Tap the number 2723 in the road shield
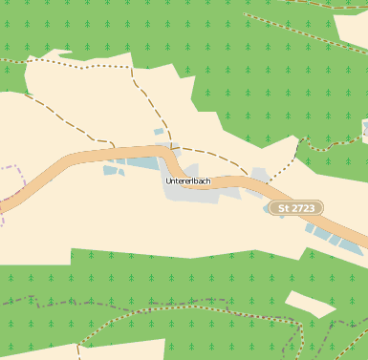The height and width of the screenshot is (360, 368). point(303,207)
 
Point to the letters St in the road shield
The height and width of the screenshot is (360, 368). point(282,207)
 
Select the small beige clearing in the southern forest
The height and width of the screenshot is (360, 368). point(310,303)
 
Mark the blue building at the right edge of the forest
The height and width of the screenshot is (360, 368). point(365,128)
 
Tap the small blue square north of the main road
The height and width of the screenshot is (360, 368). point(160,132)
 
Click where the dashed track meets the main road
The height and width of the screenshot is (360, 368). point(112,148)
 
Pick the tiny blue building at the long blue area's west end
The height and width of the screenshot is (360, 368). point(108,171)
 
